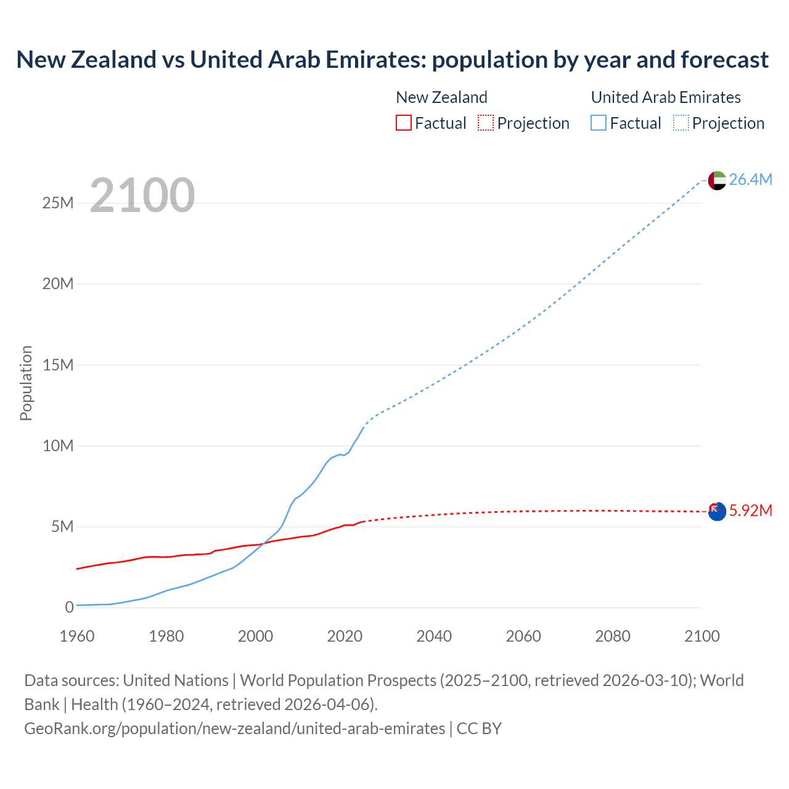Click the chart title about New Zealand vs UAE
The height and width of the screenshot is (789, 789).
pos(392,60)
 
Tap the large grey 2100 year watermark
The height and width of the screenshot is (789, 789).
pos(142,195)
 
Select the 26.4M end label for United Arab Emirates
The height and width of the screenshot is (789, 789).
pos(750,179)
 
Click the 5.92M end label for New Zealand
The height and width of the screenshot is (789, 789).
pos(750,510)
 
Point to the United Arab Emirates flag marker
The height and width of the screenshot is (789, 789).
pos(717,181)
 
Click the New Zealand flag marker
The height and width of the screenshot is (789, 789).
pos(717,511)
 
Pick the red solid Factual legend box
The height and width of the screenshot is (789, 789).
pos(403,123)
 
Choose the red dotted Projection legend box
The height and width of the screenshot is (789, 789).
pos(486,123)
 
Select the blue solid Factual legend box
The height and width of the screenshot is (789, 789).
pos(599,123)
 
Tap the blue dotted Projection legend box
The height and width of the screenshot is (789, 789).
pos(681,123)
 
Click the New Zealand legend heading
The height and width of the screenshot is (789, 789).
pos(441,97)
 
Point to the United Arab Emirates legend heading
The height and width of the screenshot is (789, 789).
pos(666,97)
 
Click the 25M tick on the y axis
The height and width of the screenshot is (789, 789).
pos(58,203)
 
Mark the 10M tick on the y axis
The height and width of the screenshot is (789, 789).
pos(58,446)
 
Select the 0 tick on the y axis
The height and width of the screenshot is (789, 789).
pos(69,607)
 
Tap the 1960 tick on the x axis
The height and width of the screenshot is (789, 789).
pos(77,636)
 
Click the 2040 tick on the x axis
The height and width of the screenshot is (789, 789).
pos(434,636)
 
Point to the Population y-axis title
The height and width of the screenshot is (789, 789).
pos(26,383)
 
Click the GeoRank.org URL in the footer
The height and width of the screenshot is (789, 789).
pos(234,729)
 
